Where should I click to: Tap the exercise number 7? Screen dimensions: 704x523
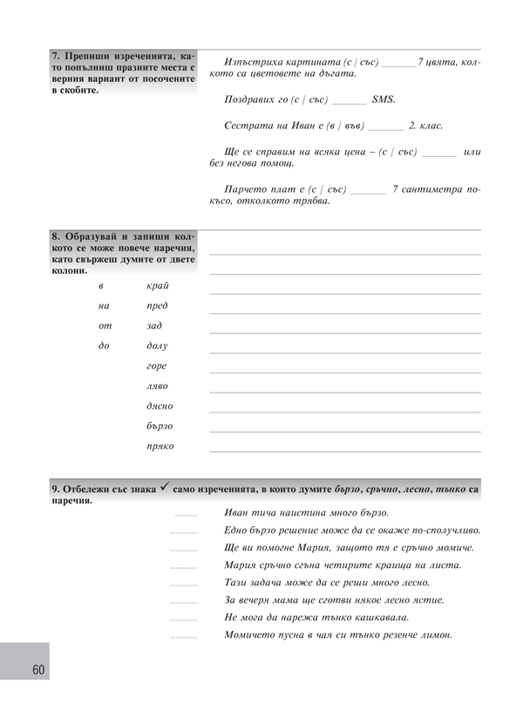[x=55, y=58]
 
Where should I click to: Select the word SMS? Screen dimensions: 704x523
[x=384, y=99]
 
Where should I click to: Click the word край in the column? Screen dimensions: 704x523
[x=158, y=286]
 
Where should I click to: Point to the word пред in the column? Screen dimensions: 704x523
[x=158, y=306]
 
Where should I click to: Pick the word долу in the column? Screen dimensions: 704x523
[x=158, y=346]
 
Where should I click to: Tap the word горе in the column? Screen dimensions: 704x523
[x=157, y=366]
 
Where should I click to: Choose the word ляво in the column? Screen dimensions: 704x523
[x=158, y=386]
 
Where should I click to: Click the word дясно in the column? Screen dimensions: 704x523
[x=160, y=407]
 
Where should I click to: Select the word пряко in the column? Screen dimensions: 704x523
[x=160, y=447]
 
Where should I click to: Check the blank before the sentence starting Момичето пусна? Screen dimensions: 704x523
[x=184, y=637]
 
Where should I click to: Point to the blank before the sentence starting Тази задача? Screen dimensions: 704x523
[x=184, y=584]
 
